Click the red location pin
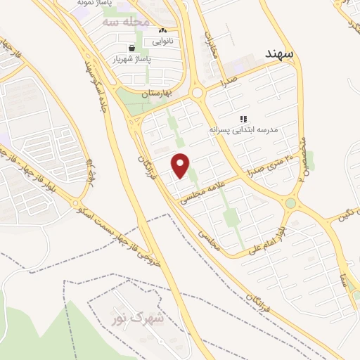pyautogui.click(x=181, y=166)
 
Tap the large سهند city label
pyautogui.click(x=279, y=53)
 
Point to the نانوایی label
pyautogui.click(x=162, y=41)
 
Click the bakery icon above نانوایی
pyautogui.click(x=162, y=30)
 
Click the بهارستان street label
pyautogui.click(x=157, y=93)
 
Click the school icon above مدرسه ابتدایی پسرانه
pyautogui.click(x=243, y=119)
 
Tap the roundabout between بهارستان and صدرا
pyautogui.click(x=197, y=92)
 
